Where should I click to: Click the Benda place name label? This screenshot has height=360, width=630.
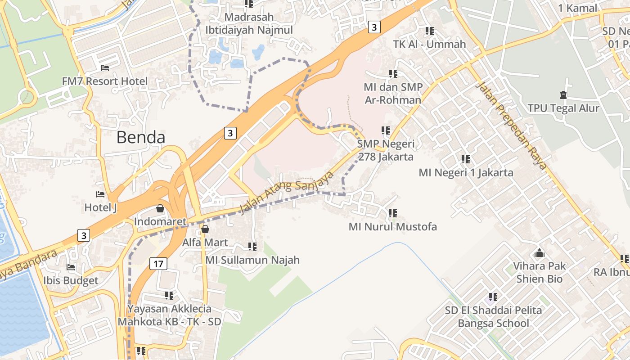coord(141,137)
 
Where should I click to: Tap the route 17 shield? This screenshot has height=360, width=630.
coord(158,263)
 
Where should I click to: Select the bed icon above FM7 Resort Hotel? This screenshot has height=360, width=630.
coord(104,68)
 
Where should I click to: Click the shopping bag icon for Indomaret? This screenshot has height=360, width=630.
coord(160,208)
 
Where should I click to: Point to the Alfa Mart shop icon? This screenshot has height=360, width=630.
coord(205,229)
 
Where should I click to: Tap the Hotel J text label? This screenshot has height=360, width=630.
coord(100,207)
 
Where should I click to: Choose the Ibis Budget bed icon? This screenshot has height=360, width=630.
coord(71,267)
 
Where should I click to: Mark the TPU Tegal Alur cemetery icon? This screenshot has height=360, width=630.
coord(563,95)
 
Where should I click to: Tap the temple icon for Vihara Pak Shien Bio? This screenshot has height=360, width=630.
coord(539,252)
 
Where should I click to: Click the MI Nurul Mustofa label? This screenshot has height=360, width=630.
coord(392,226)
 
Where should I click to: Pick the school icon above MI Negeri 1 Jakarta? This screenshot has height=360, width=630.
coord(465,159)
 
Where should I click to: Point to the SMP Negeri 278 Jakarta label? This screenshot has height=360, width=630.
coord(386,150)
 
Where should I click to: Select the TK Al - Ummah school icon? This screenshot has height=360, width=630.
coord(429,31)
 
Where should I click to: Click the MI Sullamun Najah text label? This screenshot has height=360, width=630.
coord(252,260)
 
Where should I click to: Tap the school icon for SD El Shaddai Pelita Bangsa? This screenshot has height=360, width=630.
coord(493,297)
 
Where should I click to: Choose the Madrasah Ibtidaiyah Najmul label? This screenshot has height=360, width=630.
coord(249,23)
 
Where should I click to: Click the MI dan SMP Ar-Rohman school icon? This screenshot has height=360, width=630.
coord(393,73)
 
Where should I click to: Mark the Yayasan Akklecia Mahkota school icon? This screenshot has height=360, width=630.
coord(169,295)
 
